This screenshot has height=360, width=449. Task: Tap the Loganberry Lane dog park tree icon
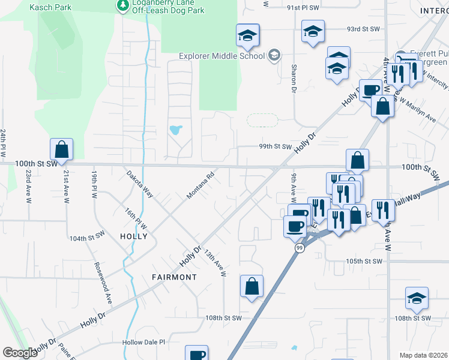point(122,5)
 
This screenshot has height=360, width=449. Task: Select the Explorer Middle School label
point(221,56)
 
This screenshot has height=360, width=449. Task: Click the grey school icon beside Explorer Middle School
point(274,56)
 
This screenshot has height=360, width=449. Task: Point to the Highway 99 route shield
point(298,248)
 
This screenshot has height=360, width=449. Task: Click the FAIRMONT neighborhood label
point(175,277)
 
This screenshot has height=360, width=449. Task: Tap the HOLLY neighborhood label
point(133,236)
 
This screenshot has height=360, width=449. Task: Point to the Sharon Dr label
point(294,79)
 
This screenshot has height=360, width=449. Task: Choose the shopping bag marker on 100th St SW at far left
point(61,150)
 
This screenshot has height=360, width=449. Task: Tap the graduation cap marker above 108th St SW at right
point(417,298)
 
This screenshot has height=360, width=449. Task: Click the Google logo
point(20,353)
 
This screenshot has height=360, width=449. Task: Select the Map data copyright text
point(424,355)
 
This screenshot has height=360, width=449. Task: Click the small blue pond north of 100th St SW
point(176,130)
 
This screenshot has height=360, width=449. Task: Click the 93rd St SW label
point(364,29)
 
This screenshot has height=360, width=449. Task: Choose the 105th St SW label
point(364,262)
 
